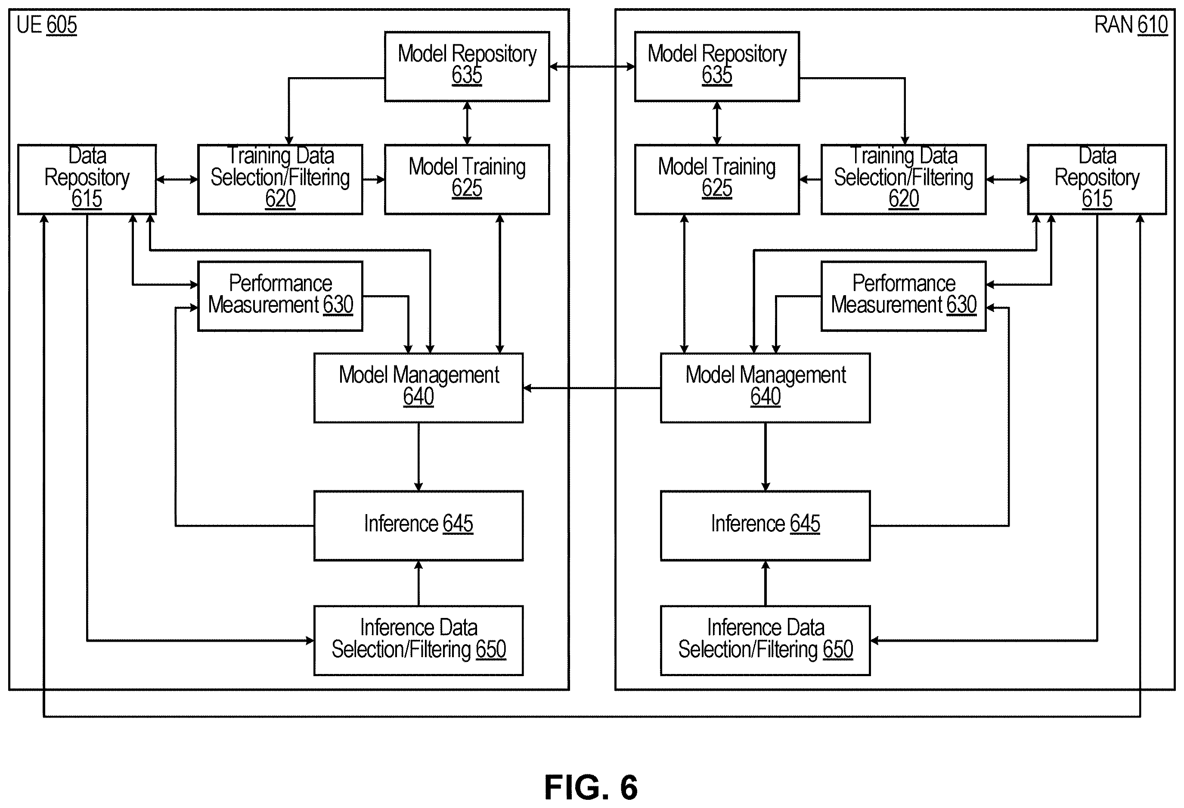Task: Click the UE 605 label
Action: (x=46, y=25)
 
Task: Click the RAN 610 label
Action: (x=1131, y=25)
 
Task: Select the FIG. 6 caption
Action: (x=591, y=788)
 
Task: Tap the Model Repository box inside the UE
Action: (x=467, y=67)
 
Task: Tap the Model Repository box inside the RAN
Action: (x=717, y=67)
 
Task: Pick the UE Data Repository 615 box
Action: (x=87, y=179)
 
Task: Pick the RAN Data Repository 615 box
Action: (x=1097, y=179)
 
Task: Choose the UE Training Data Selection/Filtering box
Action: (x=280, y=179)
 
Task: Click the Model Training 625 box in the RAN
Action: (x=717, y=179)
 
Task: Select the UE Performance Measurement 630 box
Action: (x=280, y=296)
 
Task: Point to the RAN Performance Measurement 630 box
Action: (x=904, y=296)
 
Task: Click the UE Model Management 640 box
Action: (x=418, y=388)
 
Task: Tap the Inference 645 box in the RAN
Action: (x=765, y=526)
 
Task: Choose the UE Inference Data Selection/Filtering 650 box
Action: (x=418, y=641)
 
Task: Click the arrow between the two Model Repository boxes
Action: (x=592, y=67)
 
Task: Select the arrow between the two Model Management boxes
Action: (x=592, y=388)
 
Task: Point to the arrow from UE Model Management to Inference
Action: (x=418, y=457)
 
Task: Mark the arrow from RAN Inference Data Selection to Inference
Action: (x=765, y=583)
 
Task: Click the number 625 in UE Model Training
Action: (x=467, y=188)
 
